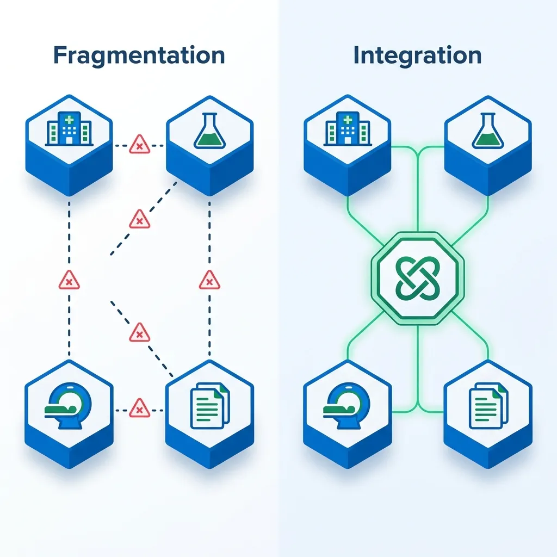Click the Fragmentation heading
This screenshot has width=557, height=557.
point(139,56)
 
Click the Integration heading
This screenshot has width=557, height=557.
point(417,56)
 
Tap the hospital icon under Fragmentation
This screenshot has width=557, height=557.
point(69,128)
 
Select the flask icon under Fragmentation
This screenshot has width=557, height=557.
point(209,131)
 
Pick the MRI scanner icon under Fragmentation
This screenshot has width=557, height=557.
point(68,406)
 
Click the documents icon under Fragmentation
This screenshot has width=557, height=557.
point(210,406)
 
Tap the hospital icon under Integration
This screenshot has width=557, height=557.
point(348,128)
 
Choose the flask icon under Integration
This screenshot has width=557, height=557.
point(488,131)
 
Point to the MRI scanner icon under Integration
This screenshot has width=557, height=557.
point(346,406)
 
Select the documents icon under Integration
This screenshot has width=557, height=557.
point(488,406)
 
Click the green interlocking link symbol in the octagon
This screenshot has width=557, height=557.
point(418,278)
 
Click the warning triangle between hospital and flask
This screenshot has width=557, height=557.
point(140,145)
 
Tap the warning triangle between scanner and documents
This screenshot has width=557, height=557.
point(140,408)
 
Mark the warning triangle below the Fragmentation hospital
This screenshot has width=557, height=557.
point(69,280)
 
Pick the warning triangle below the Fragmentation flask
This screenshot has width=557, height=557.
point(209,280)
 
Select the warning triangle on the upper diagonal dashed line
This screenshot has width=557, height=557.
point(140,220)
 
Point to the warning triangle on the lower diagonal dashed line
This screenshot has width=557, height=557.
point(140,333)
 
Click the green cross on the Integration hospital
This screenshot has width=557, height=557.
point(348,120)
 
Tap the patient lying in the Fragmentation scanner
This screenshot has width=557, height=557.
point(60,410)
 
